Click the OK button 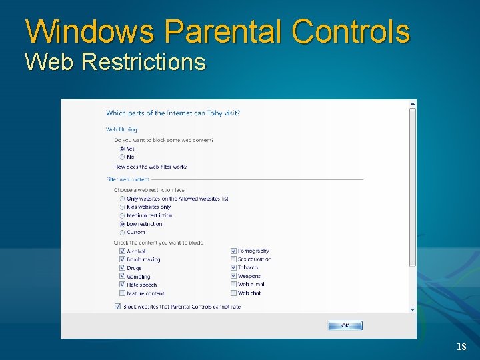pos(345,325)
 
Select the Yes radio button pos(122,149)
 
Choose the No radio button pos(122,157)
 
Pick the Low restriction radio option pos(122,224)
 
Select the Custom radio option pos(122,233)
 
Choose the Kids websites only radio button pos(122,207)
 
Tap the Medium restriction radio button pos(122,215)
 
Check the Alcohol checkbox pos(122,251)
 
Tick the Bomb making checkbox pos(122,259)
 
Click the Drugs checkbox pos(122,268)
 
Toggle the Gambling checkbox pos(122,276)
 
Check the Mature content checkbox pos(122,293)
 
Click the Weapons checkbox pos(233,276)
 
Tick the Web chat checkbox pos(233,293)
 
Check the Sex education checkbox pos(233,259)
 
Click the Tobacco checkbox pos(233,268)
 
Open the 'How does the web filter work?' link pos(150,167)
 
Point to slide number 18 pos(461,347)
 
